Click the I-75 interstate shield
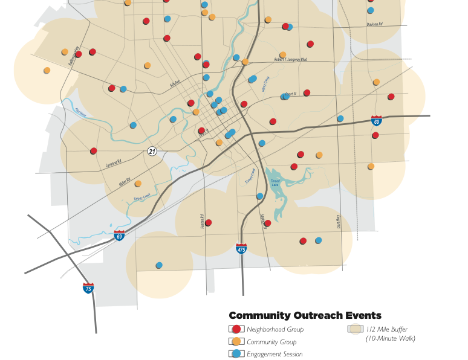88,288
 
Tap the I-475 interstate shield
241,248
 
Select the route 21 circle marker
152,151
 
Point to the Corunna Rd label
114,164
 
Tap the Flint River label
81,111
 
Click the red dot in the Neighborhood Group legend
237,329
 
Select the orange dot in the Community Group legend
237,342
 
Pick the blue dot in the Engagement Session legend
237,354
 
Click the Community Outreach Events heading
305,315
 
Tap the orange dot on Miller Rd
138,184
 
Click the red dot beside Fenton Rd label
209,223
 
